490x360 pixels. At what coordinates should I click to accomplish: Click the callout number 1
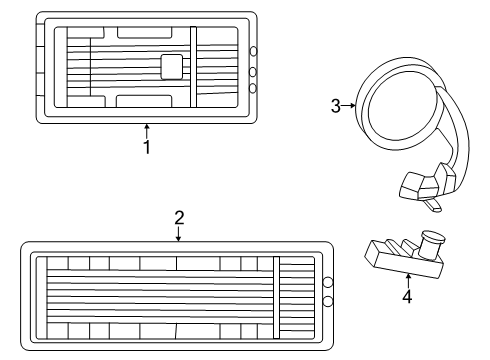tap(147, 147)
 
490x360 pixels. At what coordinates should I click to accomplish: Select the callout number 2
tap(179, 218)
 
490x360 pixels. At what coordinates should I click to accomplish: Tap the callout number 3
tap(336, 106)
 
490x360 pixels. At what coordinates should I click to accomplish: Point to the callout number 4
tap(407, 296)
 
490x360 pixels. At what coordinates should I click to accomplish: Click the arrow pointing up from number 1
tap(147, 131)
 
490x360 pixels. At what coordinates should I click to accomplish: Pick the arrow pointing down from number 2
tap(179, 234)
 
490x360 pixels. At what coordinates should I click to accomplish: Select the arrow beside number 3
tap(349, 106)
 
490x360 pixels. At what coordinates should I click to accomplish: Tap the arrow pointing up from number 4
tap(408, 281)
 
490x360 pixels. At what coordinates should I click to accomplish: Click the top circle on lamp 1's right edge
tap(253, 51)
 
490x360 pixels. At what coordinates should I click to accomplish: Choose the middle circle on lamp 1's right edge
tap(253, 72)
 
